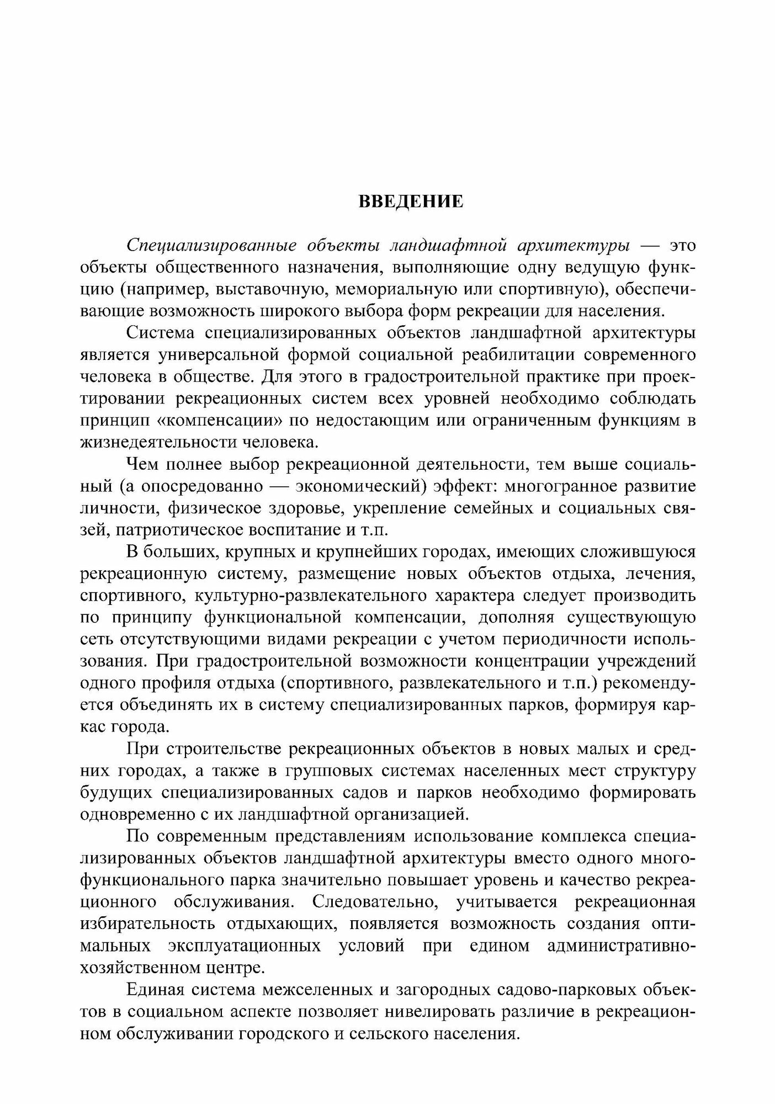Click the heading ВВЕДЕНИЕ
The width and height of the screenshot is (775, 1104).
pyautogui.click(x=411, y=201)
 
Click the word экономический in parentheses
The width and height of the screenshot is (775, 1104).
pyautogui.click(x=359, y=487)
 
